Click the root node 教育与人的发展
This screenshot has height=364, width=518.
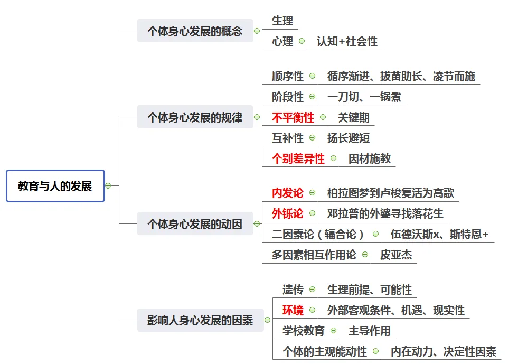pos(55,186)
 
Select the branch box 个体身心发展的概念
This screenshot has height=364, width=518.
pos(195,31)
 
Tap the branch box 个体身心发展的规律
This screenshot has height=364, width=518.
pos(195,117)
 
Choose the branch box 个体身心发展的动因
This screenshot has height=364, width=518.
pos(195,224)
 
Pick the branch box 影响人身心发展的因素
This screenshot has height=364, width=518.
pos(200,320)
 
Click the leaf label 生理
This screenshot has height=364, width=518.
pos(282,21)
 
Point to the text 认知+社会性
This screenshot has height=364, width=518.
pos(347,42)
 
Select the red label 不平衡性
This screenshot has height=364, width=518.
pos(293,117)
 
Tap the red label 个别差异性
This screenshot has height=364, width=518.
pos(298,158)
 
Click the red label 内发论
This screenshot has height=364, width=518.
pos(288,193)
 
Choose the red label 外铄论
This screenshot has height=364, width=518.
pos(288,213)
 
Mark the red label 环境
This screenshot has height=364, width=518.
pos(293,310)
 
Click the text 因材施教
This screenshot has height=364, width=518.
pos(370,158)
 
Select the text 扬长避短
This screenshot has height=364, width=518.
pos(349,138)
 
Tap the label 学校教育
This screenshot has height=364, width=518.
pos(304,331)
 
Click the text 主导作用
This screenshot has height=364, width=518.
pos(370,331)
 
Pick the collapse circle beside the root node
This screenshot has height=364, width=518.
pos(108,186)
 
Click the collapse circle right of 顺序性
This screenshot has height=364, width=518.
pos(312,76)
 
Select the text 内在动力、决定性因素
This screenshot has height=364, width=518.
pos(444,351)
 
